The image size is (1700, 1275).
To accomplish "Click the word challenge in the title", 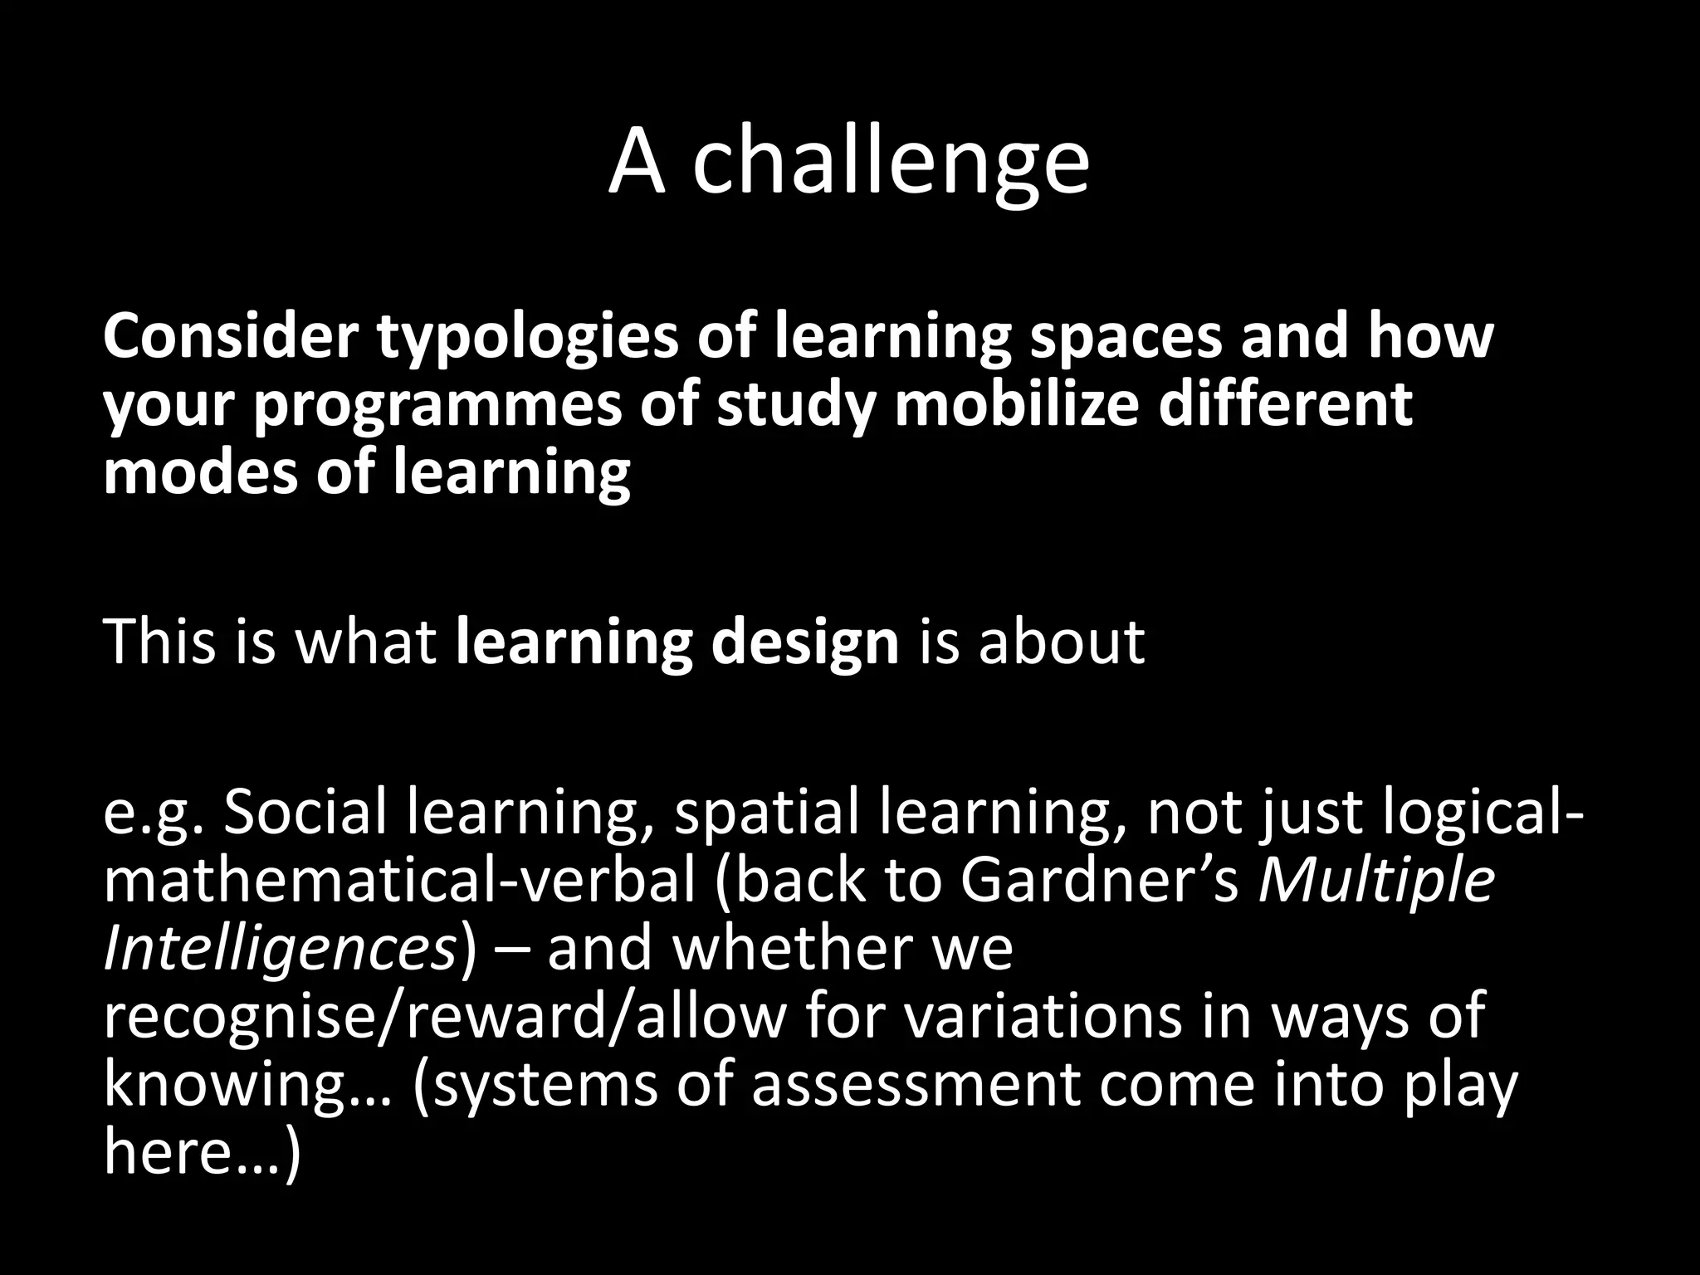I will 890,162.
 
